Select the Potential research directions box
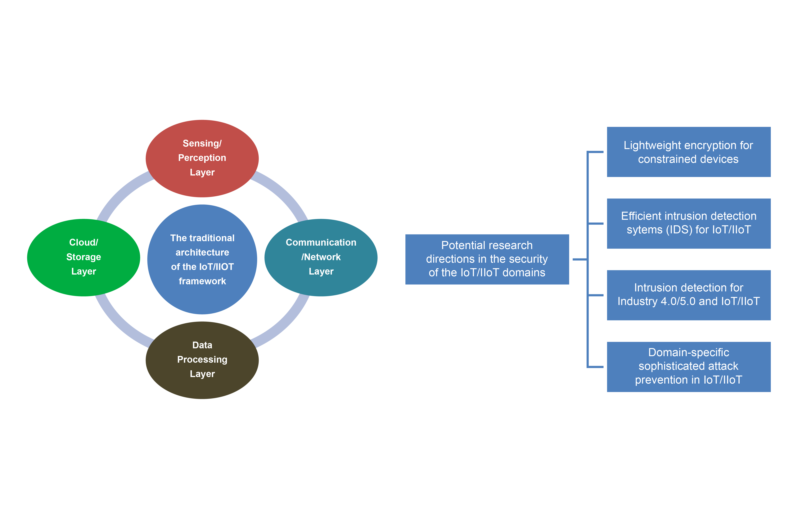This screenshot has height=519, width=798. click(x=487, y=259)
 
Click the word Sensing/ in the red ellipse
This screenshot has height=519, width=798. click(x=202, y=143)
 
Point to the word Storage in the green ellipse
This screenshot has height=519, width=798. click(x=83, y=257)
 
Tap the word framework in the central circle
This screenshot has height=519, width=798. click(x=202, y=281)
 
